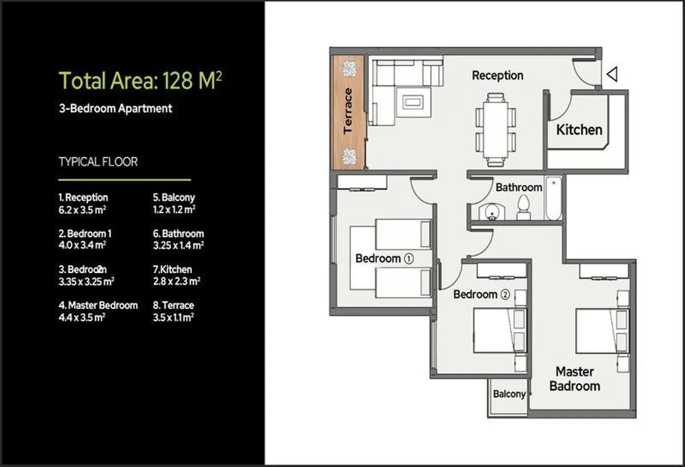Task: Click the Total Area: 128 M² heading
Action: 140,80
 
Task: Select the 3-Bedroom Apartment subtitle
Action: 115,109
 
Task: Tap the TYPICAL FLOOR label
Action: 98,161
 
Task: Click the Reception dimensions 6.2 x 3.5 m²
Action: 82,209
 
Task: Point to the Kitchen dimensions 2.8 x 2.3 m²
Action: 177,281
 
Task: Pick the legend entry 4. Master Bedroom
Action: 98,305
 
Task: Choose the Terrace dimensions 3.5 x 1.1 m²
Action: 173,317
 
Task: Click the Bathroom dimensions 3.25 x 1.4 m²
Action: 179,245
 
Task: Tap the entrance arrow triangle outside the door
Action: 612,74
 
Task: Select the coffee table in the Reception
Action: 413,102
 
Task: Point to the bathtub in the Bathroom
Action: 554,199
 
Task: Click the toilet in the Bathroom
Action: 524,208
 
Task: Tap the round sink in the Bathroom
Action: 492,212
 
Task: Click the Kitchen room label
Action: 579,130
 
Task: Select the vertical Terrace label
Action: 348,111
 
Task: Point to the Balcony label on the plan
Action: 509,394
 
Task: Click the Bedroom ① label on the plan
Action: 384,259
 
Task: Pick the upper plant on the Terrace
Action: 349,69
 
